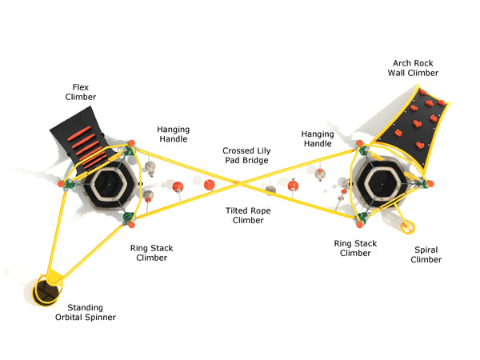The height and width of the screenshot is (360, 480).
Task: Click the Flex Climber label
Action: tap(80, 91)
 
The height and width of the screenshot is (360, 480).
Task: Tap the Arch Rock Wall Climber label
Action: tap(415, 67)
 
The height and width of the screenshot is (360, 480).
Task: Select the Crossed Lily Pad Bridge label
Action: tap(246, 155)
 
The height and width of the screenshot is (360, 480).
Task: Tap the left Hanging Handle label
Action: tap(173, 134)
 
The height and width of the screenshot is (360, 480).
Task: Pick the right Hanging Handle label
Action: tap(317, 138)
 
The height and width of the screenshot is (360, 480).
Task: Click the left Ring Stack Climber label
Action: tap(151, 253)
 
